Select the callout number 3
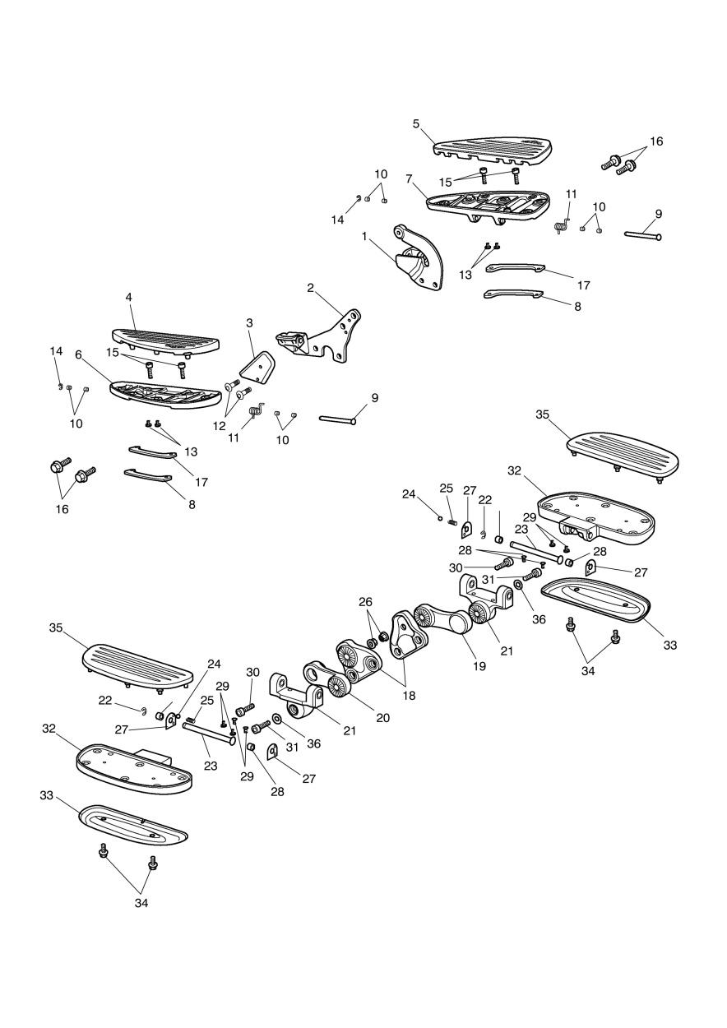[249, 323]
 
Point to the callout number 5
[416, 123]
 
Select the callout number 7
[409, 178]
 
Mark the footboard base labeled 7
[485, 201]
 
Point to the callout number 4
[129, 296]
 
